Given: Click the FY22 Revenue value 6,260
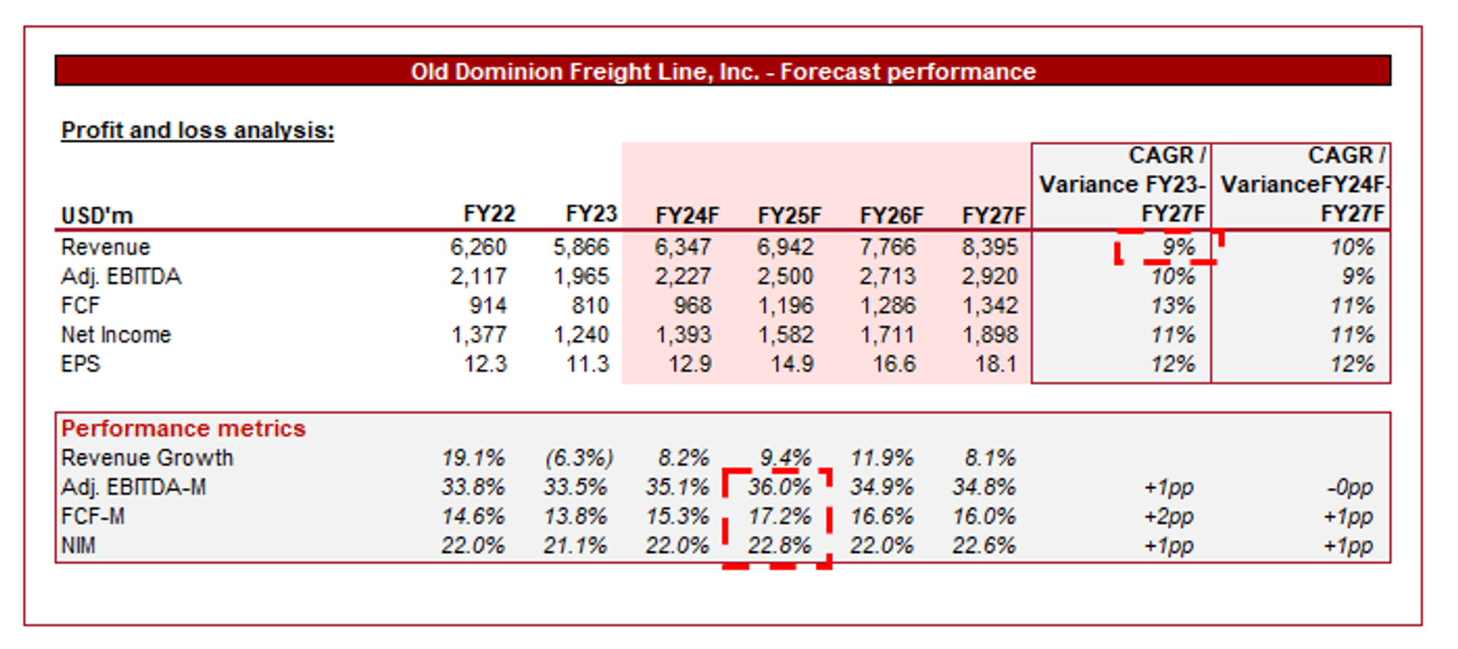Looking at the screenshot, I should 477,247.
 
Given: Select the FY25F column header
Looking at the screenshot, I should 789,216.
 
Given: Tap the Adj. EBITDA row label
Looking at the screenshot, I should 121,276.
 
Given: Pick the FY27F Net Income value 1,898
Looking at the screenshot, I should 989,335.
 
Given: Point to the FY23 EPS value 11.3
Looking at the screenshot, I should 588,364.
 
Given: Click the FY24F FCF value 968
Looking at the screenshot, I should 693,306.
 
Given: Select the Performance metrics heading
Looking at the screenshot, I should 183,428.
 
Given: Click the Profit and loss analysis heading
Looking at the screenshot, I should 198,130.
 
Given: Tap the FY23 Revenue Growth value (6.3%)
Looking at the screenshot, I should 580,458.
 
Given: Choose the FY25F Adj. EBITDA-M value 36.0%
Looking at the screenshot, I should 779,487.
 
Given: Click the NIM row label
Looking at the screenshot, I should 78,545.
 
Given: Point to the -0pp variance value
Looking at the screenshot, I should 1349,487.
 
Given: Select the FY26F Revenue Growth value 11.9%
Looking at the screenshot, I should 881,458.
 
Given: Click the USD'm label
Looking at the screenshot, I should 97,216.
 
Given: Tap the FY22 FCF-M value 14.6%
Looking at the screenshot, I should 472,516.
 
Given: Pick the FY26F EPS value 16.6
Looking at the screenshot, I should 894,364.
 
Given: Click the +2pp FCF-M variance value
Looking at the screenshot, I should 1169,516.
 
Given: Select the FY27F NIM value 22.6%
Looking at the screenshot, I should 983,545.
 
